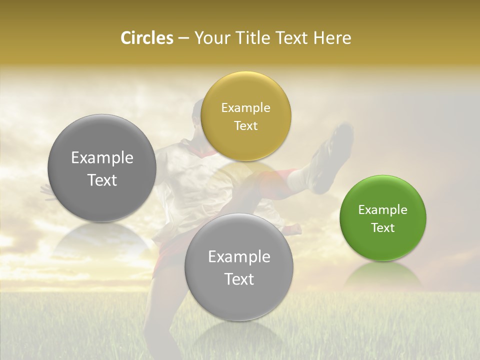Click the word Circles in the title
(x=146, y=38)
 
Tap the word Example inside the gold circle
(x=246, y=107)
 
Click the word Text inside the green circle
(x=383, y=227)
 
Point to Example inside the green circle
(x=383, y=209)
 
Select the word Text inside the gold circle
(x=246, y=125)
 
